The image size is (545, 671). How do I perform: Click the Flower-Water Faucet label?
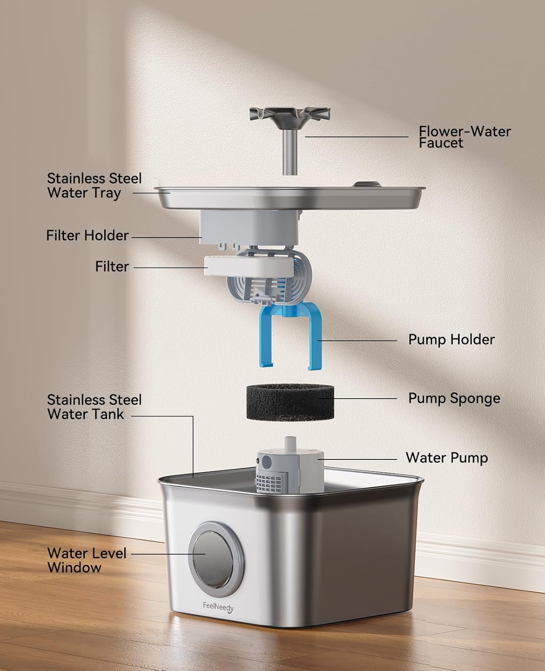[465, 137]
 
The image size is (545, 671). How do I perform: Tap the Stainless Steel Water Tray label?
[94, 186]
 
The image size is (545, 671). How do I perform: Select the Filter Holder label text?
[87, 236]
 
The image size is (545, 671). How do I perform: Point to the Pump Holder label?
[452, 340]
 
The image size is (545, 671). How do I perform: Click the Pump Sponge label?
[454, 399]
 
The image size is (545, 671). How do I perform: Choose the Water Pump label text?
[447, 458]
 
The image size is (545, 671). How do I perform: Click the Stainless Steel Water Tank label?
[94, 407]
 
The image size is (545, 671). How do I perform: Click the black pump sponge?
[290, 402]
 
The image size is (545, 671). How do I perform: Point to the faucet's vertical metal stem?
[289, 152]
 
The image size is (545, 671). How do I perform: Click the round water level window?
[216, 560]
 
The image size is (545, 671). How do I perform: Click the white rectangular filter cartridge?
[249, 267]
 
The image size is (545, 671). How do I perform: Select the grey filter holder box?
[249, 227]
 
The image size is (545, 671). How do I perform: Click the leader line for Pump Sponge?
[357, 399]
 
